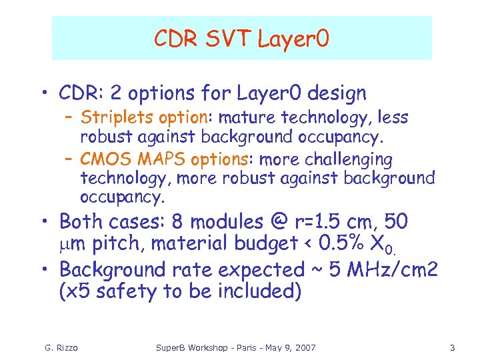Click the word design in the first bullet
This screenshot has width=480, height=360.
click(x=331, y=93)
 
